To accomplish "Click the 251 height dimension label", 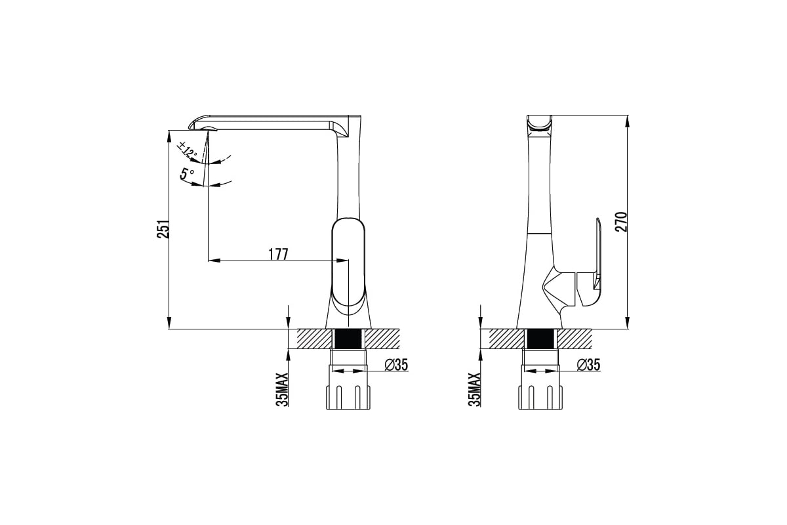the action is coord(163,229).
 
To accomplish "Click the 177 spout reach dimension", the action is coord(278,254).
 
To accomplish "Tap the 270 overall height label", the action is coord(621,222).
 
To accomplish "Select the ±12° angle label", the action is coord(187,150).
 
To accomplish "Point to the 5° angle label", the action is coord(186,174).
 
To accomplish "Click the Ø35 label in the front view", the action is coord(396,365).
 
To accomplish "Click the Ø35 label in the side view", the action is coord(588,365).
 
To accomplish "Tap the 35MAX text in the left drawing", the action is coord(282,390).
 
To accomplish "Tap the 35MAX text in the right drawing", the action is coord(474,390).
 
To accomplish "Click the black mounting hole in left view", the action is coord(348,339).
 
